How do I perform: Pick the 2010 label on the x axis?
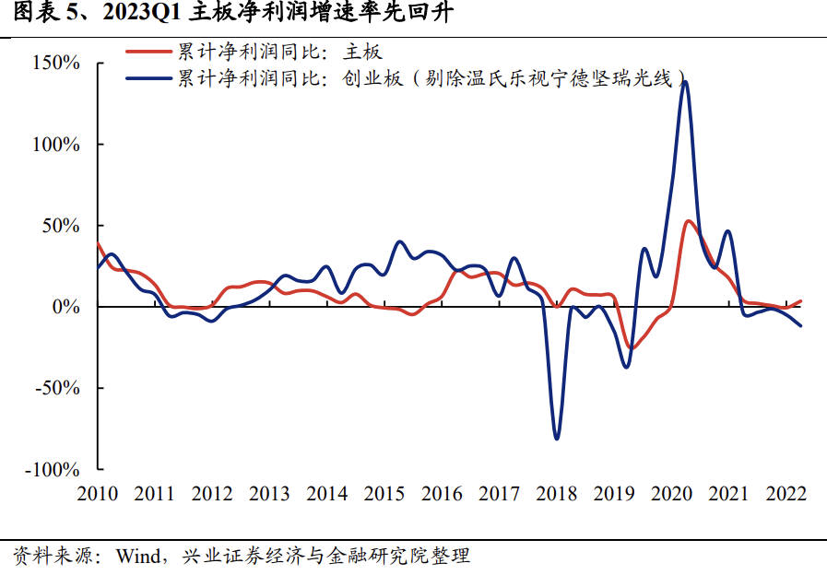(x=98, y=494)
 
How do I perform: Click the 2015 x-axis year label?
(x=384, y=494)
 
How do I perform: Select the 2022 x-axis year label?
(x=786, y=494)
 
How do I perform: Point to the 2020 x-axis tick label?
(x=671, y=494)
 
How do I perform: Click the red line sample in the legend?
(x=147, y=53)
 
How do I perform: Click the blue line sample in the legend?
(x=147, y=78)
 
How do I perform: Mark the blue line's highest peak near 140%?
(x=685, y=82)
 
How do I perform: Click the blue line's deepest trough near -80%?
(x=557, y=439)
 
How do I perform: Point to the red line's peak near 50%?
(x=689, y=221)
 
